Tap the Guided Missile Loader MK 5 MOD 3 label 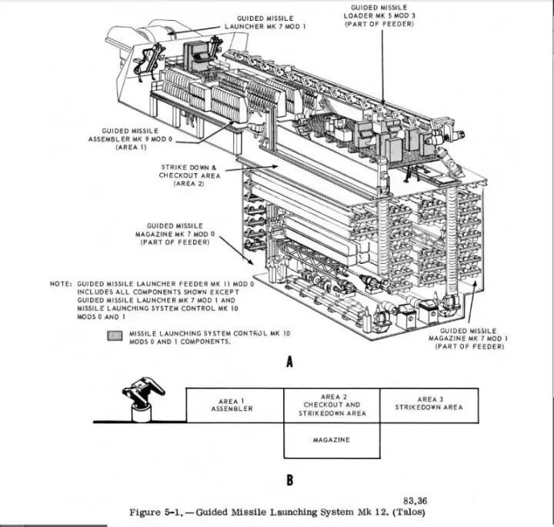pyautogui.click(x=379, y=15)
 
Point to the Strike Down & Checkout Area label pyautogui.click(x=189, y=175)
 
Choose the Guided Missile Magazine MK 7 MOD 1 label pyautogui.click(x=469, y=339)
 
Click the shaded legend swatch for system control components pyautogui.click(x=116, y=336)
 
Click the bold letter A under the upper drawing pyautogui.click(x=289, y=364)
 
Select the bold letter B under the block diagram pyautogui.click(x=289, y=481)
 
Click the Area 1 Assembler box pyautogui.click(x=235, y=405)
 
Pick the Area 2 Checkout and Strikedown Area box pyautogui.click(x=332, y=405)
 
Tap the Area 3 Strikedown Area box pyautogui.click(x=429, y=403)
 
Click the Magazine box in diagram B pyautogui.click(x=332, y=440)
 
